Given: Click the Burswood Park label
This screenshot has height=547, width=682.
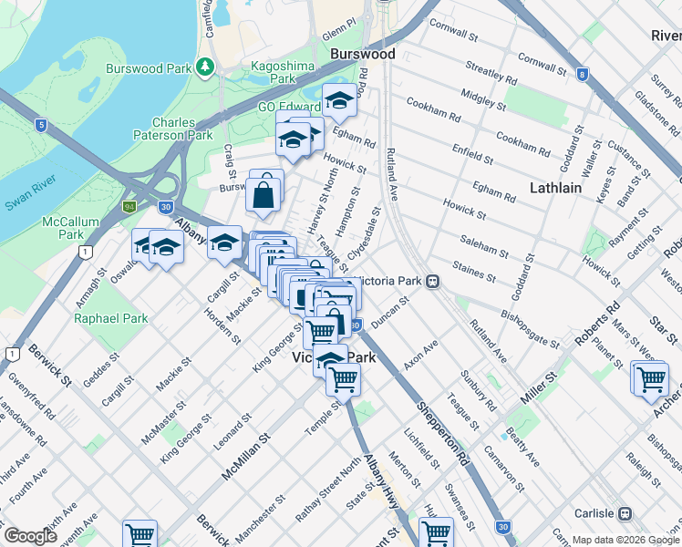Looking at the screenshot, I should pos(148,67).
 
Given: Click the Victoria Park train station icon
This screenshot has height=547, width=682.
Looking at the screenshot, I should pos(433,281).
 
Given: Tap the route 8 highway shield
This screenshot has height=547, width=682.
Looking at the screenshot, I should pos(582,75).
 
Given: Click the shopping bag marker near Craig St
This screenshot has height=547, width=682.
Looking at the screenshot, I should pos(263,194).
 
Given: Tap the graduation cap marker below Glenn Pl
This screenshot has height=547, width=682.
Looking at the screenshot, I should pos(339,100).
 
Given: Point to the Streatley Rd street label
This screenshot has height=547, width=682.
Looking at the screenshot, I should pos(491,68).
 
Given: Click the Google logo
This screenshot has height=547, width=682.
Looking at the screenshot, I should pos(29,536).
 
